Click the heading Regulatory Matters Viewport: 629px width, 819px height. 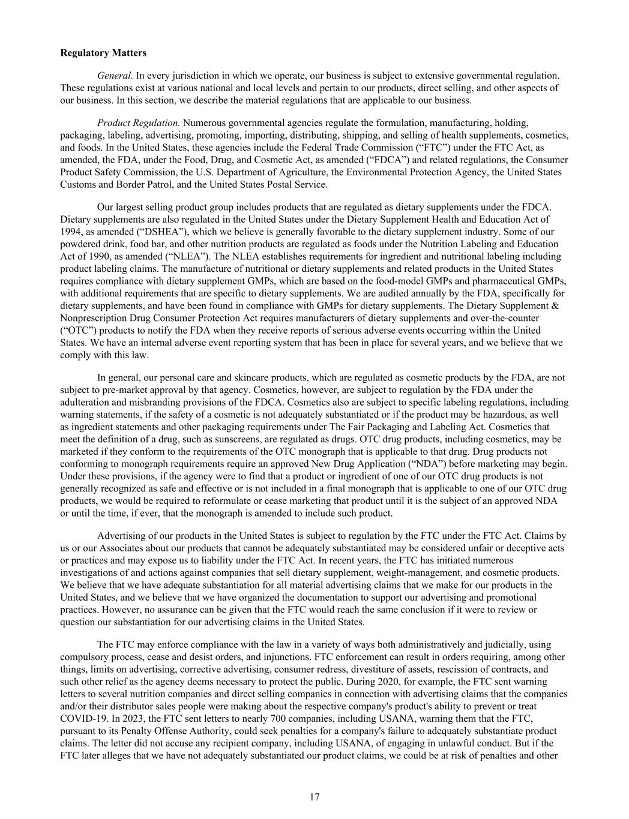(103, 53)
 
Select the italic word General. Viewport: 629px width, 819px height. (115, 76)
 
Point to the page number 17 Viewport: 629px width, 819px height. (314, 797)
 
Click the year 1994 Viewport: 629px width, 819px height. (71, 232)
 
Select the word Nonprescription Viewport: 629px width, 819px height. (92, 317)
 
